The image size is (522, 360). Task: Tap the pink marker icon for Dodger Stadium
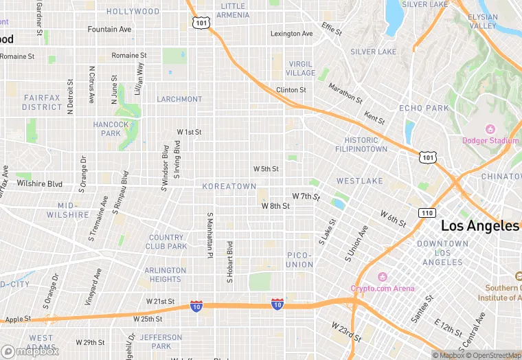(x=490, y=129)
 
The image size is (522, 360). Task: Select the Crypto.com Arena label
(x=383, y=288)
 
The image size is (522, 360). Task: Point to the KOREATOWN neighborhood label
(x=229, y=186)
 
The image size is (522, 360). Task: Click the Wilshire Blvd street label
(x=40, y=183)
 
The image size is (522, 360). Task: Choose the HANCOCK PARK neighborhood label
(x=111, y=128)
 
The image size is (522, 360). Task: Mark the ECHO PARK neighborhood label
(x=424, y=109)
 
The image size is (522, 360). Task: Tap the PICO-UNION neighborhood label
(x=299, y=260)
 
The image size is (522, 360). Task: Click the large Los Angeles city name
(x=479, y=226)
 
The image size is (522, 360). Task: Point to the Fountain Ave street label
(x=109, y=30)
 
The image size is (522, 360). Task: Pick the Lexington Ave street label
(x=291, y=34)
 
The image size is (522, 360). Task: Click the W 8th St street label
(x=275, y=205)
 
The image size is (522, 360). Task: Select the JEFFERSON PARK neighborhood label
(x=161, y=341)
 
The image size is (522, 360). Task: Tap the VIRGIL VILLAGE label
(x=300, y=68)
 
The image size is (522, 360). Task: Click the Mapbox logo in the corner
(x=30, y=351)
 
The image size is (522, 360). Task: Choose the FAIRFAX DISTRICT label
(x=42, y=102)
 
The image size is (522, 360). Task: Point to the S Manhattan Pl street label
(x=209, y=235)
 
